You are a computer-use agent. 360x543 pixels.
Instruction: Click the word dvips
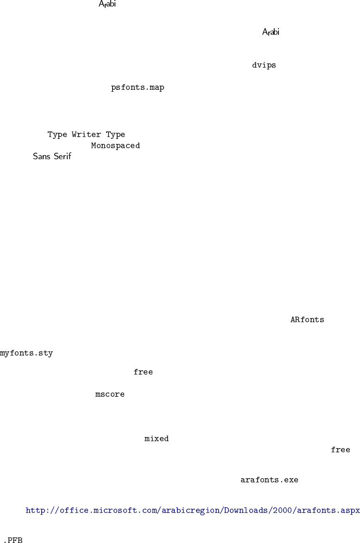pyautogui.click(x=264, y=65)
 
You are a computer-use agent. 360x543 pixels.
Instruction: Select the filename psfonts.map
pyautogui.click(x=138, y=87)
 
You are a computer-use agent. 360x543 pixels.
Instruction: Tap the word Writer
pyautogui.click(x=86, y=135)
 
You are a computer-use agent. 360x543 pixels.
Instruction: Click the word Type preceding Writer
pyautogui.click(x=57, y=135)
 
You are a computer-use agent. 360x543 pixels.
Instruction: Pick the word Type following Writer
pyautogui.click(x=115, y=135)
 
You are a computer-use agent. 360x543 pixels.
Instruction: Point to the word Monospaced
pyautogui.click(x=115, y=146)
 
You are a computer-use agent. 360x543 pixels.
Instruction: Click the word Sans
pyautogui.click(x=41, y=157)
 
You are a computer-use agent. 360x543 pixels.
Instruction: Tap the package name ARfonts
pyautogui.click(x=307, y=320)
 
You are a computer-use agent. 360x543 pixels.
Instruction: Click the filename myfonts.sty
pyautogui.click(x=26, y=354)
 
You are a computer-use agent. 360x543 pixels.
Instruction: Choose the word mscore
pyautogui.click(x=110, y=395)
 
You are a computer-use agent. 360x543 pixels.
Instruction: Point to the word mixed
pyautogui.click(x=157, y=439)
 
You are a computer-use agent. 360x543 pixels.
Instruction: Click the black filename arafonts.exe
pyautogui.click(x=269, y=480)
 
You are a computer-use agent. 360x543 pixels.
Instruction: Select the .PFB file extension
pyautogui.click(x=13, y=540)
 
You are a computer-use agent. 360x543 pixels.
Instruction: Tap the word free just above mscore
pyautogui.click(x=143, y=372)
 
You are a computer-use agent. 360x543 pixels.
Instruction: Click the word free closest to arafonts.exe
pyautogui.click(x=340, y=450)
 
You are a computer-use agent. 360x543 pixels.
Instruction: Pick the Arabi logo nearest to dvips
pyautogui.click(x=271, y=32)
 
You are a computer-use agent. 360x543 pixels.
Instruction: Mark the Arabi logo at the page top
pyautogui.click(x=107, y=5)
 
